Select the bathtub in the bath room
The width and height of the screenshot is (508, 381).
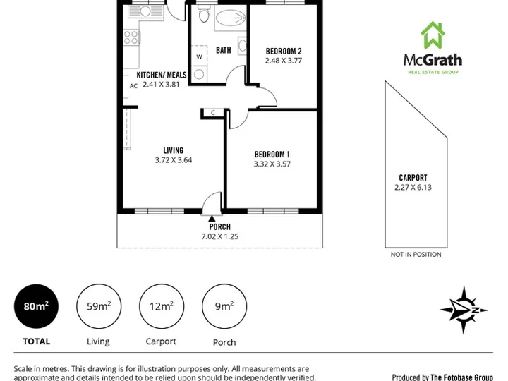(x=231, y=18)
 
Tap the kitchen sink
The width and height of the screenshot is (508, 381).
(x=145, y=12)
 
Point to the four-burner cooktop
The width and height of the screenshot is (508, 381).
(x=131, y=37)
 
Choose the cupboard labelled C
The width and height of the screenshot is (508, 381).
(x=213, y=113)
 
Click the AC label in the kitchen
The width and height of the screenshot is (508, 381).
(x=133, y=86)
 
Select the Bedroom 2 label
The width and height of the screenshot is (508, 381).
(x=284, y=52)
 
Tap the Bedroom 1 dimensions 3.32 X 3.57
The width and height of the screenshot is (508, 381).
(x=272, y=164)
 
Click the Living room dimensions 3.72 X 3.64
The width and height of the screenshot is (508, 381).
(x=174, y=160)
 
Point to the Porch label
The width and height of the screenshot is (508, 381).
(x=220, y=226)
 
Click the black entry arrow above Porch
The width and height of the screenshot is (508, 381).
(x=212, y=219)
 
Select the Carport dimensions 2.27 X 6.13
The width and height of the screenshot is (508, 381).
(x=413, y=187)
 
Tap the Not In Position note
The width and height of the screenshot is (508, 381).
(x=416, y=255)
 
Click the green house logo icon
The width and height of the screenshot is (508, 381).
(x=433, y=35)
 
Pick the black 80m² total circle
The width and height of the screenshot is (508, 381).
(x=36, y=306)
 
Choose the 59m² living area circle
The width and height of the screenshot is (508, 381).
(x=99, y=306)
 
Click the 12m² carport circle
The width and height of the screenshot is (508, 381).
(x=162, y=306)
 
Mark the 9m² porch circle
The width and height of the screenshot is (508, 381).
(x=224, y=306)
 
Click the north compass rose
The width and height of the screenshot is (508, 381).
(x=464, y=310)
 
